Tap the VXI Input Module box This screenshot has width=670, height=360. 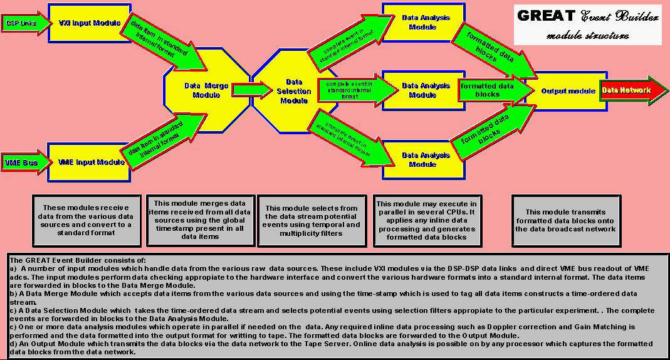pyautogui.click(x=90, y=23)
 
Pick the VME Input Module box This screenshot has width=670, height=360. pyautogui.click(x=92, y=162)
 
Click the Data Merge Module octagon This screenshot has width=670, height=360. pyautogui.click(x=202, y=90)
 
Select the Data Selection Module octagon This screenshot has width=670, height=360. pyautogui.click(x=294, y=92)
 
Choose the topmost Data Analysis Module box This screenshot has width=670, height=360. pyautogui.click(x=426, y=23)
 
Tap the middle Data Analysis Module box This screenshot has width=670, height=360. pyautogui.click(x=426, y=90)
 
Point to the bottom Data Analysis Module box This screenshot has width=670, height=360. pyautogui.click(x=426, y=159)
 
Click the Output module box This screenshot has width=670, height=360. pyautogui.click(x=568, y=91)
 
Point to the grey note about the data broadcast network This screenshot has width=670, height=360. pyautogui.click(x=565, y=220)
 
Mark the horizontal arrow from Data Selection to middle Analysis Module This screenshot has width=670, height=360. pyautogui.click(x=356, y=90)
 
